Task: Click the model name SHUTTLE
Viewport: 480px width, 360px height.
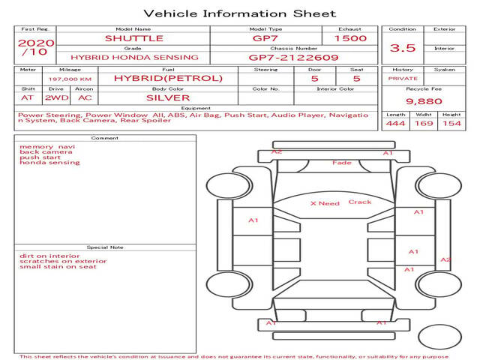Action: (134, 38)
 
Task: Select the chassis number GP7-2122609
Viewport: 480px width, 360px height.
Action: (293, 58)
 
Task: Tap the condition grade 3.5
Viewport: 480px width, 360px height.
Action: (403, 48)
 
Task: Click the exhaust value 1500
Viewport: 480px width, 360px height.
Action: (350, 38)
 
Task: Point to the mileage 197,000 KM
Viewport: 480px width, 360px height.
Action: (70, 79)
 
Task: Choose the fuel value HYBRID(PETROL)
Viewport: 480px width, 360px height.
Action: (168, 78)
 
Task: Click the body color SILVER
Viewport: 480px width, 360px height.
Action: (168, 98)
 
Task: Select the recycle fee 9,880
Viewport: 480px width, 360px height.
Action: (424, 101)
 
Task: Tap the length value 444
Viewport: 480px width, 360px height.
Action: (395, 123)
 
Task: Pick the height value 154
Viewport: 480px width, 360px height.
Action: (451, 123)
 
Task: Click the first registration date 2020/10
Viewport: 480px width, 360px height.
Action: (36, 47)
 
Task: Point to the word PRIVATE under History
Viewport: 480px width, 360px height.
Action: (403, 79)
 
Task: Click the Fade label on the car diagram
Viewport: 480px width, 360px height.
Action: (342, 163)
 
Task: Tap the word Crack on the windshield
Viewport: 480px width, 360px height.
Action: (360, 202)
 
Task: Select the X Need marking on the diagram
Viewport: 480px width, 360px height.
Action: (325, 203)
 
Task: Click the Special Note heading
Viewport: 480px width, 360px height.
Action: (105, 247)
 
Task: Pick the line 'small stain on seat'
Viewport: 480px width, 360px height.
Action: (58, 267)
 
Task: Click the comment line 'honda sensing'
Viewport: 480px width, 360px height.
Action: (49, 163)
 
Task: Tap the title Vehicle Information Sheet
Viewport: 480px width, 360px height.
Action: (240, 13)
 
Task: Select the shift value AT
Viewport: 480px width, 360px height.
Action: (27, 98)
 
